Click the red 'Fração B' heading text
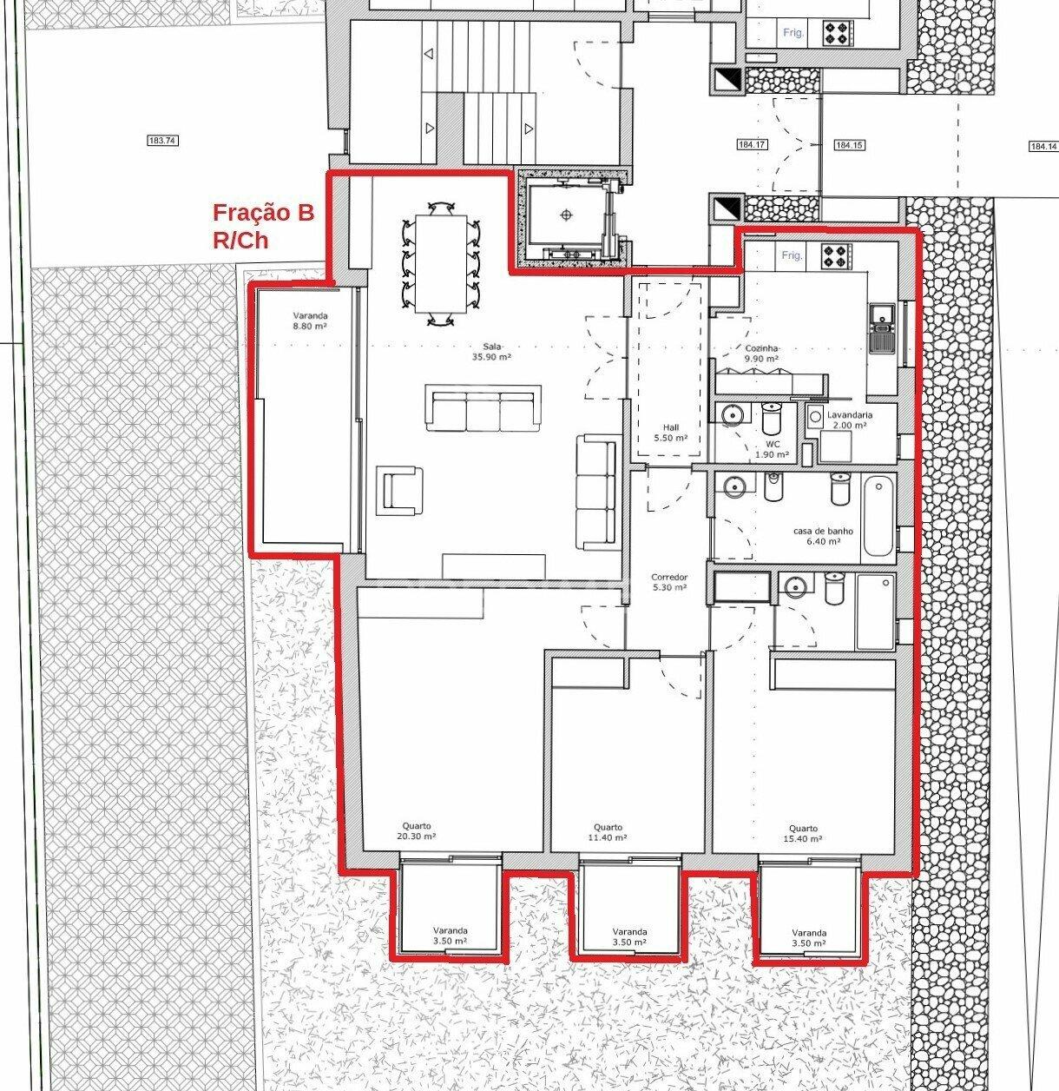263,213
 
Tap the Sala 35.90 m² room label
491,352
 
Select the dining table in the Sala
440,264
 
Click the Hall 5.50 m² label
671,433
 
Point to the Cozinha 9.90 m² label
761,354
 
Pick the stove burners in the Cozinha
837,255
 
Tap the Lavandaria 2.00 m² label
849,420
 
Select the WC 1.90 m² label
773,449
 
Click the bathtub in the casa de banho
878,516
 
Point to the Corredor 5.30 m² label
669,582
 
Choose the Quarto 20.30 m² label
417,831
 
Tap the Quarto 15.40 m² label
803,833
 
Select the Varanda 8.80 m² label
310,321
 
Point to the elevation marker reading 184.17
752,145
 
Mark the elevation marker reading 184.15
849,145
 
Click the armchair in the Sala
399,490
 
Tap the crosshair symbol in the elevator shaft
567,215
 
